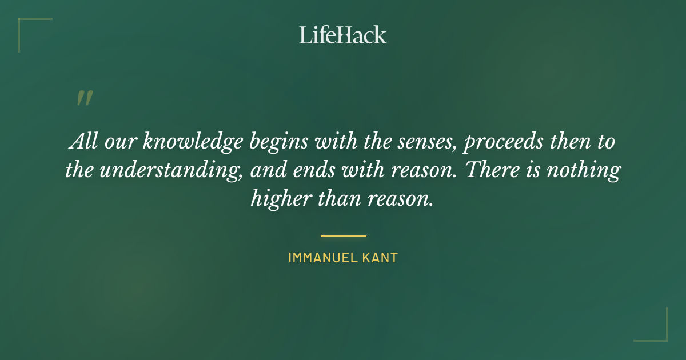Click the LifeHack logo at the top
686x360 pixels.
coord(343,35)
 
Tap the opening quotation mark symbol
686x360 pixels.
coord(84,98)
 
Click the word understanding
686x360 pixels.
coord(169,170)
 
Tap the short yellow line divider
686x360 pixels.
coord(343,235)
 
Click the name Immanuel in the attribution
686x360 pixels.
coord(322,258)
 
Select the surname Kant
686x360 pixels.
coord(380,258)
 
